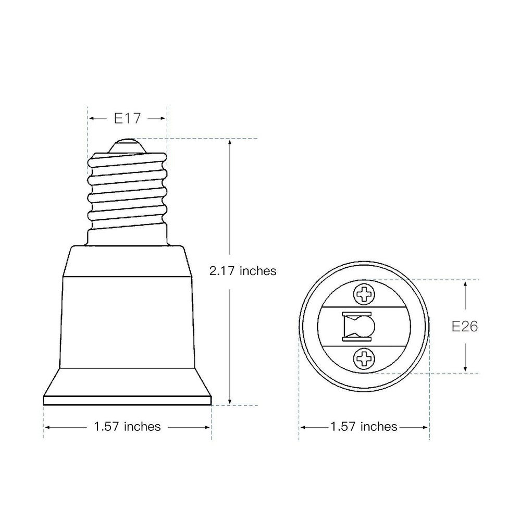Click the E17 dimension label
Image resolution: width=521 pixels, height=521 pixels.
coord(127,118)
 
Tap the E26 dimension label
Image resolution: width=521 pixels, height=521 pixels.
coord(465,327)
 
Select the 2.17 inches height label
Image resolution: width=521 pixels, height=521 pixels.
coord(242,271)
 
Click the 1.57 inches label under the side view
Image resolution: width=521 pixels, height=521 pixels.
coord(127,427)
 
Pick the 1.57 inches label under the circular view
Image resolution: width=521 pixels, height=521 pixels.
coord(364,427)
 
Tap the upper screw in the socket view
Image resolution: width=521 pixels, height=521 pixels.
coord(364,294)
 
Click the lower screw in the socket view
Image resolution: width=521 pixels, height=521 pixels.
coord(364,359)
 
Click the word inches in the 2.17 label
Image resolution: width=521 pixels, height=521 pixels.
coord(257,271)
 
